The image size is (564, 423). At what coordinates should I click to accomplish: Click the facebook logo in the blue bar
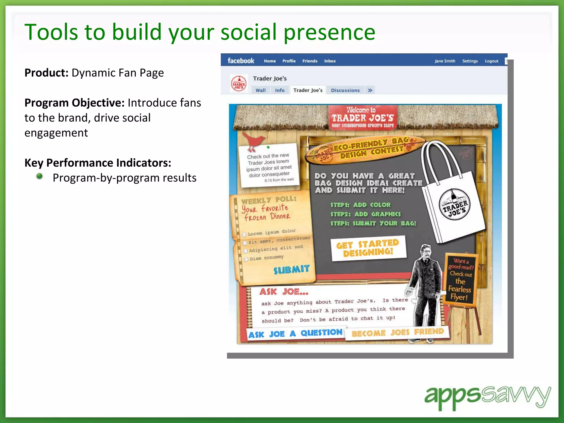[241, 61]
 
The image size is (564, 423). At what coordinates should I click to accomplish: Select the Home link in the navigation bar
[270, 61]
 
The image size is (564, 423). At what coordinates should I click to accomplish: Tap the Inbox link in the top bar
[330, 61]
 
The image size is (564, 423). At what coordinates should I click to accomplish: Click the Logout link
[491, 61]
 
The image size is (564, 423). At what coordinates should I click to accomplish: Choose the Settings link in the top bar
[470, 61]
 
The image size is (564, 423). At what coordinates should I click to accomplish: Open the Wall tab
[261, 90]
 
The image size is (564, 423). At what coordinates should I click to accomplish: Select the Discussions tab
[345, 90]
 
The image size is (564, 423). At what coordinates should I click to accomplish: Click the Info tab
[280, 90]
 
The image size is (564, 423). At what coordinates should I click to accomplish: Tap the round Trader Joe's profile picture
[238, 83]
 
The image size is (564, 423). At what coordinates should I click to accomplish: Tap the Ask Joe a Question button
[295, 334]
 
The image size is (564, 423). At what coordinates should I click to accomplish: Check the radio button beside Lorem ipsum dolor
[244, 235]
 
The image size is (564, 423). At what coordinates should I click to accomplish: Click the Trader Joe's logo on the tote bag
[454, 204]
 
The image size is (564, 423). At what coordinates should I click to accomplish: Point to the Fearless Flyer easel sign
[460, 279]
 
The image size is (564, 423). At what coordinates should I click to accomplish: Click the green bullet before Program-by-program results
[40, 176]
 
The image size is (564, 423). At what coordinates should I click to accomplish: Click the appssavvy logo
[487, 397]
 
